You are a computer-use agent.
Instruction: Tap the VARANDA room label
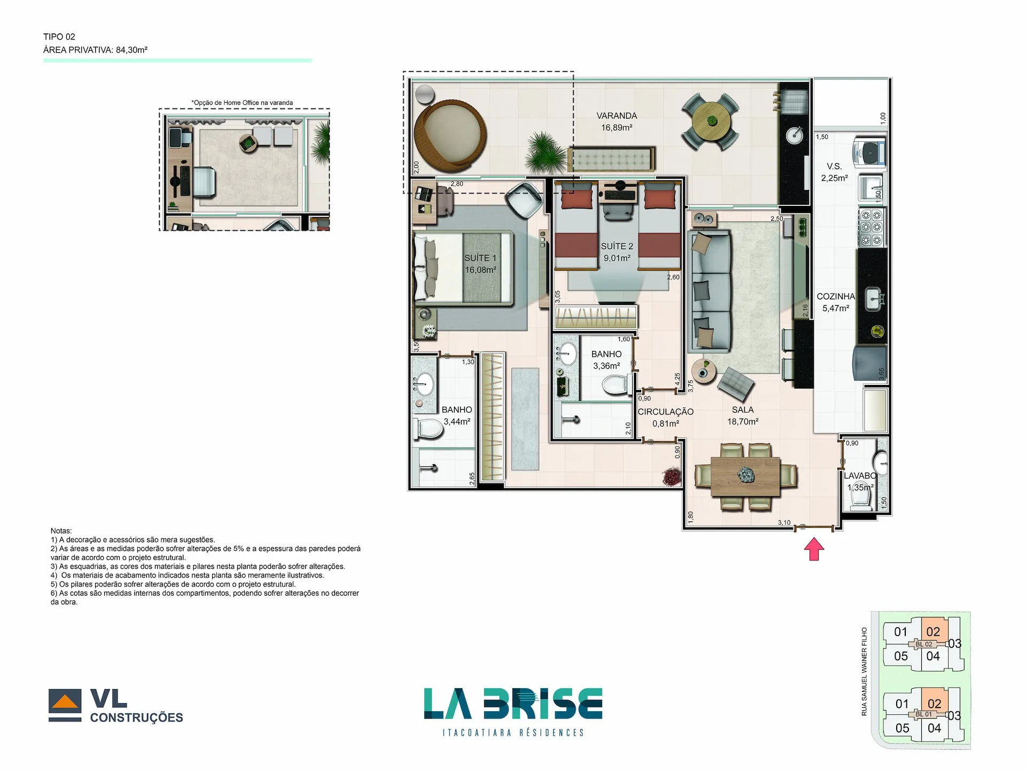pos(617,116)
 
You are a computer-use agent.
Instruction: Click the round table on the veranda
pos(711,121)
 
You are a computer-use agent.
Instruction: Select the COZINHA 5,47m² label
pos(836,302)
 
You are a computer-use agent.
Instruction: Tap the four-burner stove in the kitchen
pos(872,228)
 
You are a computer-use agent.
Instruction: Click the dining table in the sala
pos(746,475)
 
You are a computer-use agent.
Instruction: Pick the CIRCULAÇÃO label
pos(665,412)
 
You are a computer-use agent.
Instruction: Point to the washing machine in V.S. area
pos(869,153)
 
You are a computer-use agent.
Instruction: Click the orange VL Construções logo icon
pos(65,702)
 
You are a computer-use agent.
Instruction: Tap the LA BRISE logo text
pos(513,704)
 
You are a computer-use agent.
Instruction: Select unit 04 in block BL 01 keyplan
pos(934,728)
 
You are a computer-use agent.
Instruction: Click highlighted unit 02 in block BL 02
pos(933,632)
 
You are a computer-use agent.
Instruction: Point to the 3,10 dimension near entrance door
pos(784,522)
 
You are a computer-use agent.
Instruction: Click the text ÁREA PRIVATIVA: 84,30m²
pos(95,50)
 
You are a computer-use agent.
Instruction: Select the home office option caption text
pos(242,103)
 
